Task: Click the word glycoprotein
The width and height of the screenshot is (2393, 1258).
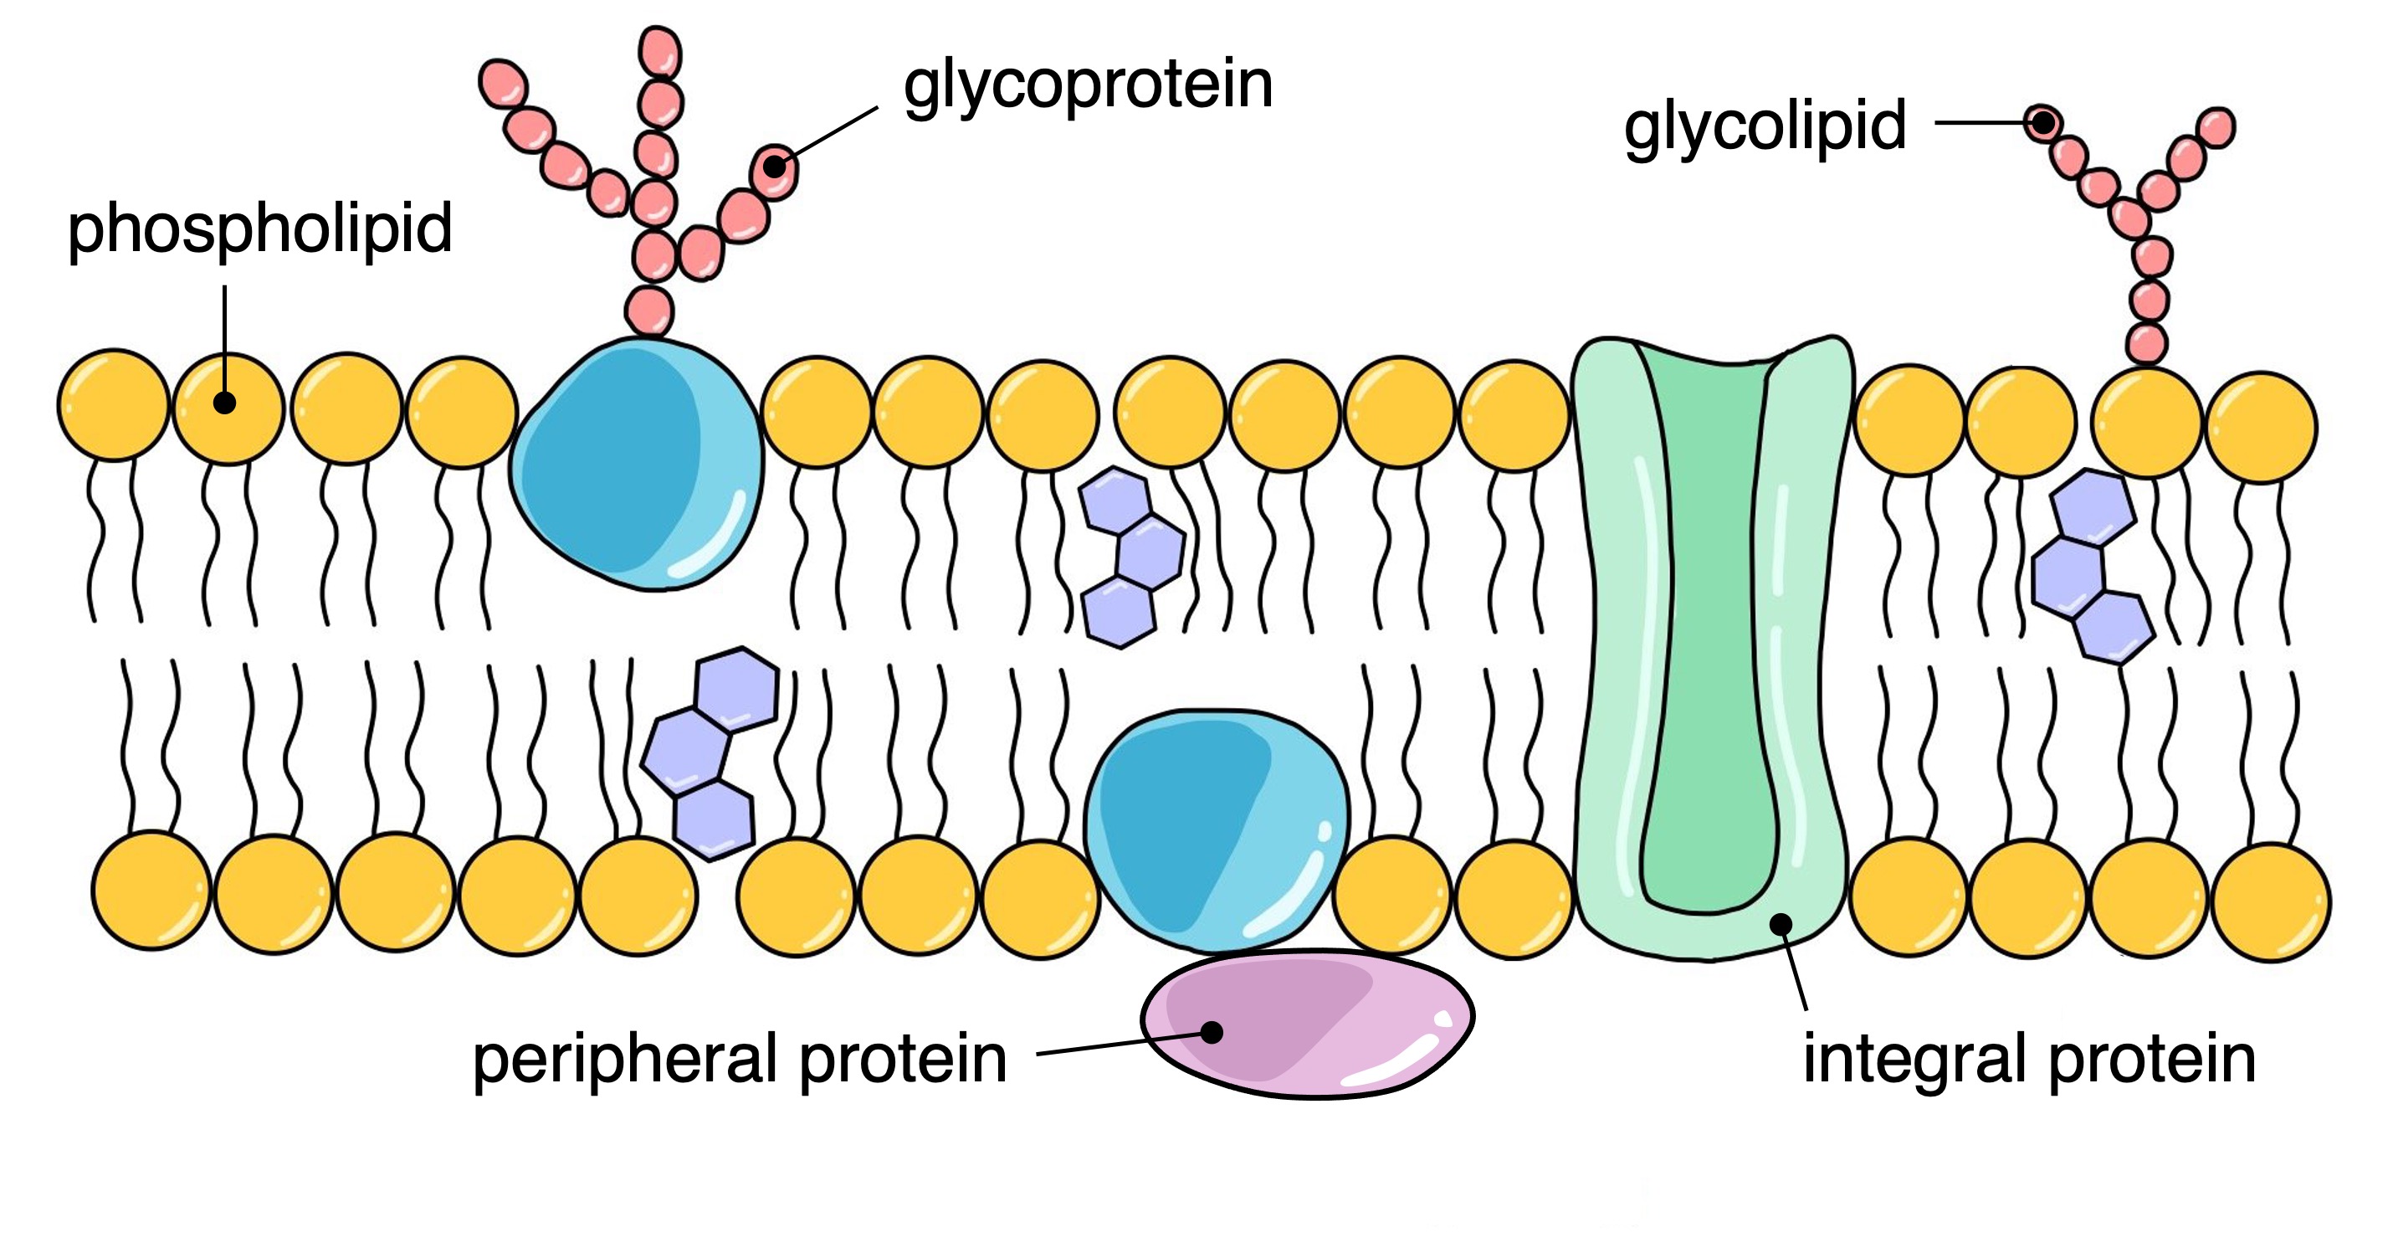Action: (x=1087, y=85)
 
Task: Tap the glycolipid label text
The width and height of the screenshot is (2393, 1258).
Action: (x=1764, y=126)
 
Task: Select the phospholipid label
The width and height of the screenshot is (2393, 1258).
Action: (x=259, y=228)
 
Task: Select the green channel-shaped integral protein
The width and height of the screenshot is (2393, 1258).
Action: (x=1709, y=650)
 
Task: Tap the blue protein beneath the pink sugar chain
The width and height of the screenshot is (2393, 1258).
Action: (x=637, y=465)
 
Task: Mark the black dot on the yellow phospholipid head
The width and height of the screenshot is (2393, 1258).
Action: (x=224, y=403)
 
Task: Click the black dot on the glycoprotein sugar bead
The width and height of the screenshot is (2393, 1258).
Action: (x=774, y=167)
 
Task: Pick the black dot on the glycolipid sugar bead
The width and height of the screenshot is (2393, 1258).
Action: (x=2042, y=123)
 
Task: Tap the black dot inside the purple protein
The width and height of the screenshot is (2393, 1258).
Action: (x=1212, y=1031)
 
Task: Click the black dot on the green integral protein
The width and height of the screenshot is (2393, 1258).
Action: (x=1781, y=923)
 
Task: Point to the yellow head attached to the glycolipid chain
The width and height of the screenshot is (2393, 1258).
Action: (x=2147, y=423)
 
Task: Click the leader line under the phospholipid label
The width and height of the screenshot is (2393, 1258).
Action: (x=225, y=335)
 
